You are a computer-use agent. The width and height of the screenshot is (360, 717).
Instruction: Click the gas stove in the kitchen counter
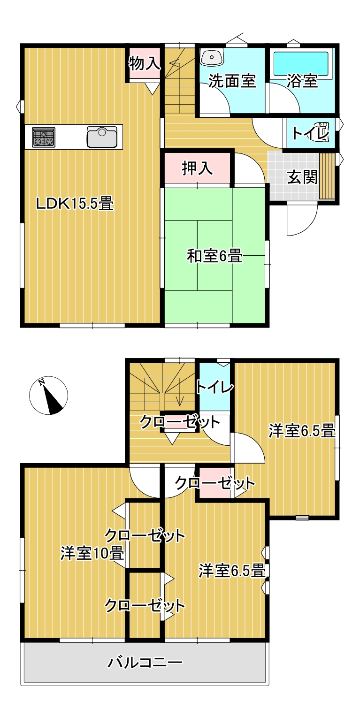point(43,137)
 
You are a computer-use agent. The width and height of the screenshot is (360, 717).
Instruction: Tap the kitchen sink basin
point(101,137)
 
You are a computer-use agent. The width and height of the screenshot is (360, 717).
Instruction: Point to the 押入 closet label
point(197,168)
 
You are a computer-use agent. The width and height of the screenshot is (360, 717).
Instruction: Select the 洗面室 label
point(232,81)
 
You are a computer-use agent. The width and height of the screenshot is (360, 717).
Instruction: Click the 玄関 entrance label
point(302,177)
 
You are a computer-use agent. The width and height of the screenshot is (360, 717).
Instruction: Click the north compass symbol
point(49,396)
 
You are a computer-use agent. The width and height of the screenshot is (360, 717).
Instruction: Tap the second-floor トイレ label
point(214,387)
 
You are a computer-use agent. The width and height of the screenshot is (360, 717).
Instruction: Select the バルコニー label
point(145,663)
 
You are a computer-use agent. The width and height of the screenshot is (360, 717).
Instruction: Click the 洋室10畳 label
point(92,553)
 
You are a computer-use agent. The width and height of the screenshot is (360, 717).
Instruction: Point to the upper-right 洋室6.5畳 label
point(302,430)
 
